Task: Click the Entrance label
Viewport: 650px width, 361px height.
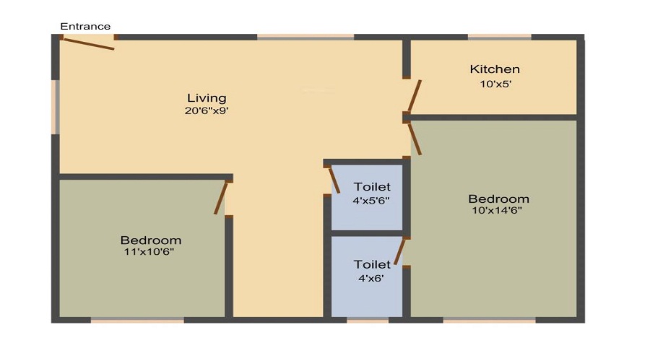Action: [85, 27]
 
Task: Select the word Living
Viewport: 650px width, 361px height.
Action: [207, 98]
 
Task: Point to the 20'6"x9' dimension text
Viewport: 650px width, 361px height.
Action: [207, 111]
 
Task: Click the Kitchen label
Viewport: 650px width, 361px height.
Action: [495, 69]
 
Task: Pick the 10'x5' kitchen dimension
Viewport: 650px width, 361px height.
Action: [495, 83]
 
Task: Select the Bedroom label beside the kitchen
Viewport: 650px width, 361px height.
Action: [498, 199]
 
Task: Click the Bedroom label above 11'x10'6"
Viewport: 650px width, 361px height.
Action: [151, 240]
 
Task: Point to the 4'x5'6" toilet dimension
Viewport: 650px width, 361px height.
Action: [371, 200]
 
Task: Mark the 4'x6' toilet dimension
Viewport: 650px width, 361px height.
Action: [372, 277]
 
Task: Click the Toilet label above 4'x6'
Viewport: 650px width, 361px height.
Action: [372, 264]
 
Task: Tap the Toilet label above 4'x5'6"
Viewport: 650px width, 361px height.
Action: [372, 187]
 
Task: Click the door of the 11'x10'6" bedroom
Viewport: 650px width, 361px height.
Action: [221, 198]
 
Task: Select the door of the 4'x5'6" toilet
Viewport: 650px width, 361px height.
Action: [334, 179]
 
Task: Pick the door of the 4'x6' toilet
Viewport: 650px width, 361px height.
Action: [399, 252]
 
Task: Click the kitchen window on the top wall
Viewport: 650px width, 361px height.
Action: [499, 37]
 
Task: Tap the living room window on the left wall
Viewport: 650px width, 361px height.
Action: [55, 107]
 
